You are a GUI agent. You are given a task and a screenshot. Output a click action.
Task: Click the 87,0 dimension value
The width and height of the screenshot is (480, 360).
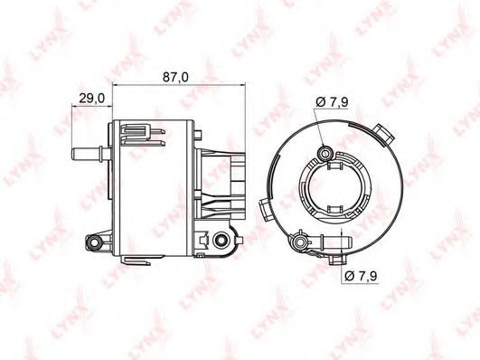tap(175, 77)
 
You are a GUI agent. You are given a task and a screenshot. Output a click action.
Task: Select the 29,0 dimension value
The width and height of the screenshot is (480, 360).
tap(92, 99)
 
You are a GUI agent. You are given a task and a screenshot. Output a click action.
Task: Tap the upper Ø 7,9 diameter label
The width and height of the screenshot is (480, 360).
tap(332, 102)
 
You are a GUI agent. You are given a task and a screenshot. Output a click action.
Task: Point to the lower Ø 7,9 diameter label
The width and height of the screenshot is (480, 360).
tap(361, 277)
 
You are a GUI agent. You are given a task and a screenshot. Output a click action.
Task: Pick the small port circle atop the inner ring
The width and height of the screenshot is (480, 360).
tap(325, 153)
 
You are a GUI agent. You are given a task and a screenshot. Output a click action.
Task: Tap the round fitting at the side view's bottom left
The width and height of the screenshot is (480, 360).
tap(93, 242)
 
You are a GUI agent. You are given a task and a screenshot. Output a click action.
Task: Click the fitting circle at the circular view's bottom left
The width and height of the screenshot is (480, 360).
tap(299, 242)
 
